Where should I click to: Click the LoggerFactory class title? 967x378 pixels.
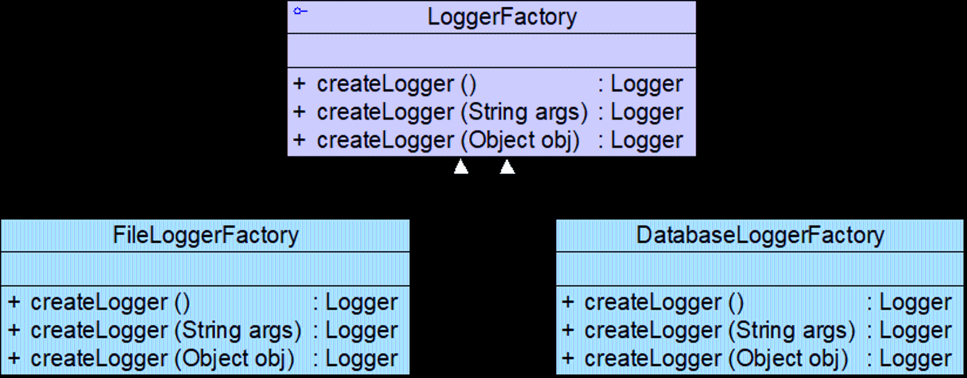pyautogui.click(x=502, y=17)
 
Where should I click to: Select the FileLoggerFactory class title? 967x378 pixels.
pyautogui.click(x=205, y=236)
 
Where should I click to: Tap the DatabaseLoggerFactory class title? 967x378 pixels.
pyautogui.click(x=760, y=236)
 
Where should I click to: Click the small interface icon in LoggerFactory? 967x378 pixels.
pyautogui.click(x=300, y=11)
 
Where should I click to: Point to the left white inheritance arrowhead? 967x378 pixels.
pyautogui.click(x=461, y=166)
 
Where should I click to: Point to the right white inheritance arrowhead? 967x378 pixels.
pyautogui.click(x=507, y=166)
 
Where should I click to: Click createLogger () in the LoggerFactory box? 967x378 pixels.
pyautogui.click(x=396, y=84)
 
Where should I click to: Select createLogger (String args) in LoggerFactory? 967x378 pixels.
pyautogui.click(x=452, y=112)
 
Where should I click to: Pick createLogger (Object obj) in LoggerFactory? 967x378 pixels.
pyautogui.click(x=448, y=140)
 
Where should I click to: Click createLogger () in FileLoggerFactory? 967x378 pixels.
pyautogui.click(x=110, y=303)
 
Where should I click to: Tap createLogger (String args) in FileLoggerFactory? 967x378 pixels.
pyautogui.click(x=166, y=331)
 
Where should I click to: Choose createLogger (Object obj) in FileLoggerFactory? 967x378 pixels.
pyautogui.click(x=162, y=359)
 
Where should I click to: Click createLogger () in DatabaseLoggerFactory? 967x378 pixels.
pyautogui.click(x=664, y=303)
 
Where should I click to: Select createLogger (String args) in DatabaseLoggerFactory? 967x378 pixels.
pyautogui.click(x=720, y=331)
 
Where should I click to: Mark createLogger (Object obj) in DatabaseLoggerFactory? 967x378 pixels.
pyautogui.click(x=717, y=359)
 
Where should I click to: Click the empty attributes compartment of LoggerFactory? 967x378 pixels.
pyautogui.click(x=492, y=50)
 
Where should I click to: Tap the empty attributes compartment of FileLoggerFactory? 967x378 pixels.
pyautogui.click(x=205, y=269)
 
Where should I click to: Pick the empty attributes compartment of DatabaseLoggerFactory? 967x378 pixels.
pyautogui.click(x=760, y=269)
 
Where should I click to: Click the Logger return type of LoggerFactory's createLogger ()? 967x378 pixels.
pyautogui.click(x=647, y=85)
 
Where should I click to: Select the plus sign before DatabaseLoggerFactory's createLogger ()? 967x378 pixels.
pyautogui.click(x=568, y=302)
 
